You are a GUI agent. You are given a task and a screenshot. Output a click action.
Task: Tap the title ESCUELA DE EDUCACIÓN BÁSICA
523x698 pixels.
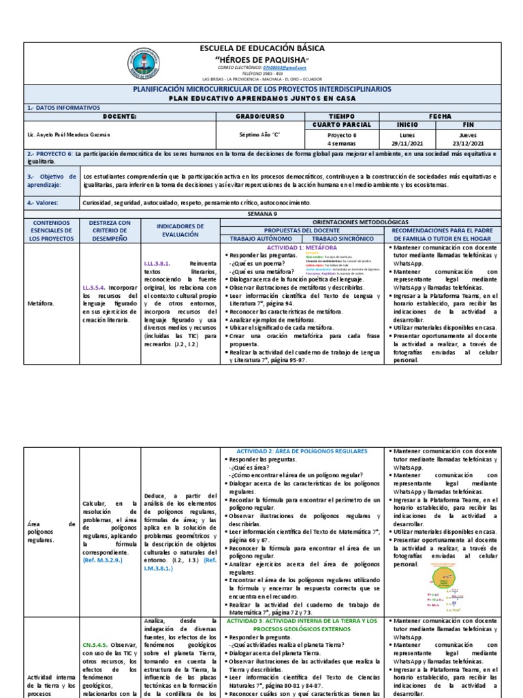pos(261,49)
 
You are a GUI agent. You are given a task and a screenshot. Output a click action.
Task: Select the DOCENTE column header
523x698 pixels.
pos(119,117)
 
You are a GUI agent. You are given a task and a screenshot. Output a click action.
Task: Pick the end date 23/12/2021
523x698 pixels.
pos(469,144)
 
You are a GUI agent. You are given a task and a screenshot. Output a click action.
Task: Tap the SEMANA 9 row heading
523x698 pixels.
pos(261,213)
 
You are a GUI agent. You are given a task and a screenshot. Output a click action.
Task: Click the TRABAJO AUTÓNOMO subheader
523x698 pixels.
pos(262,239)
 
